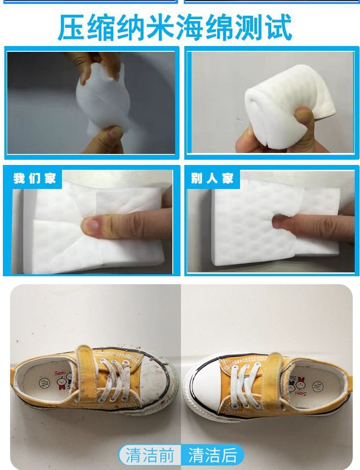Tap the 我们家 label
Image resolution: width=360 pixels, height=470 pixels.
coord(35,178)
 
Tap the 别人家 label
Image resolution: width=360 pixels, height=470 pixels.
coord(212,178)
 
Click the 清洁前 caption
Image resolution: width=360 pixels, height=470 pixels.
coord(150,455)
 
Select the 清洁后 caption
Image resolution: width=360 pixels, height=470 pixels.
coord(212,455)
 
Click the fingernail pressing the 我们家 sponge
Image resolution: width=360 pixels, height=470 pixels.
coord(90,224)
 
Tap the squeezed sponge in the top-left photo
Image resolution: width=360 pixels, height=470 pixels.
coord(104,99)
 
